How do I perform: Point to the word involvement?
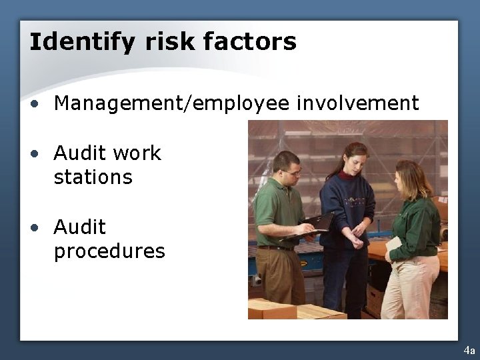(x=357, y=103)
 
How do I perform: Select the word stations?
(x=93, y=177)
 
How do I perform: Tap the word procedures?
(x=109, y=251)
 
